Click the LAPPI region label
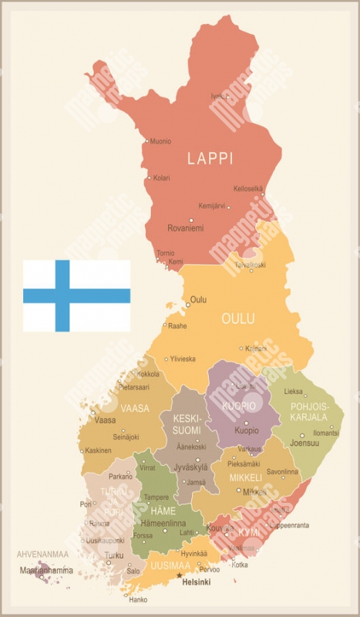210,158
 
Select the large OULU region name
238,319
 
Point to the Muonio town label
160,141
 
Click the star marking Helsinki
179,575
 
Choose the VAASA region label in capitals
136,408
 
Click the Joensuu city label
304,444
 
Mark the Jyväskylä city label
193,467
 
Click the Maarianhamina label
48,571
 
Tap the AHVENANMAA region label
43,554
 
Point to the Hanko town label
139,599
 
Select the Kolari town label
161,178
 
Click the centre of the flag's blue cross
62,295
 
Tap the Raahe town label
177,326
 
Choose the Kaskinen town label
98,450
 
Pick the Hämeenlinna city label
166,524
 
